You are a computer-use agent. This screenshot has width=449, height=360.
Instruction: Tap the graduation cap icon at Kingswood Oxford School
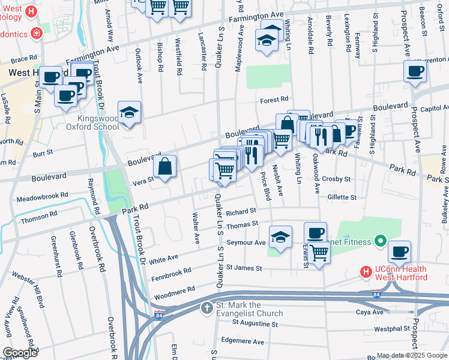pos(128,112)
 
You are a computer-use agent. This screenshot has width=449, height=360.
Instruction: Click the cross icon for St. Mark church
pos(206,308)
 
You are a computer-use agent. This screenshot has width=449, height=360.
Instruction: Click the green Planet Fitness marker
pos(379,242)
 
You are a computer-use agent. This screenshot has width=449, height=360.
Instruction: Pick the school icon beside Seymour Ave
pos(280,237)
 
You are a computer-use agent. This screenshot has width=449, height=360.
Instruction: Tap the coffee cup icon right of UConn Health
pos(399,251)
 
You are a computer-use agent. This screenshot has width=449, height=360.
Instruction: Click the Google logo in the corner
pos(20,352)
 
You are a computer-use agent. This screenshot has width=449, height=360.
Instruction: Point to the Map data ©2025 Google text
pos(411,355)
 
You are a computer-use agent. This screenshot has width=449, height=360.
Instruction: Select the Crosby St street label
pos(336,179)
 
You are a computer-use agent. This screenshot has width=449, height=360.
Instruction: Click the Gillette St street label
pos(342,197)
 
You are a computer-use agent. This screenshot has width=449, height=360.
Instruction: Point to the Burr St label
pos(43,154)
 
